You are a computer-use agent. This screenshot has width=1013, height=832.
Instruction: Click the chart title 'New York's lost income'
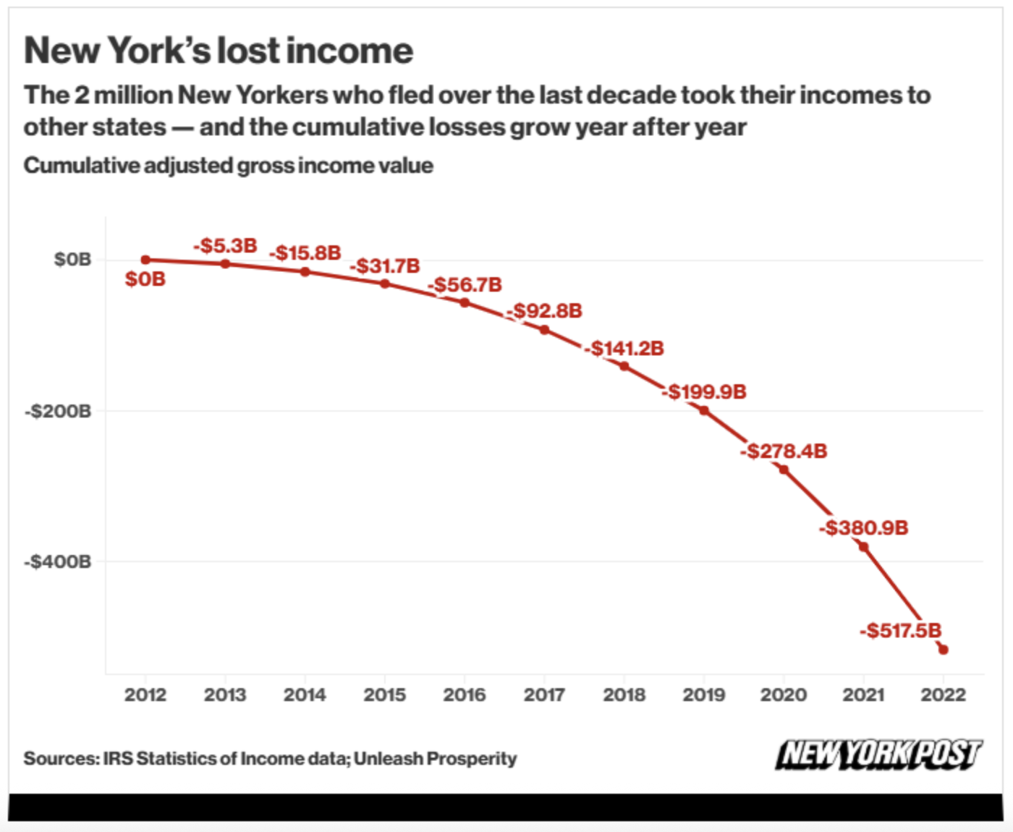219,51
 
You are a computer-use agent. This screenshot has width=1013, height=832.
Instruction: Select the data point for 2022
943,650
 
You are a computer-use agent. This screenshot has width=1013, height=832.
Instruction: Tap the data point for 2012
145,260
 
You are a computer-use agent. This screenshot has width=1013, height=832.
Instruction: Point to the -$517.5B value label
900,631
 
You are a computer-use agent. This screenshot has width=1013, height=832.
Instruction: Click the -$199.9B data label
704,392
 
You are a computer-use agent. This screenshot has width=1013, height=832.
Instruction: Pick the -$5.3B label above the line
226,246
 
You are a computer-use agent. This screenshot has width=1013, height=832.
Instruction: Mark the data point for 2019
703,411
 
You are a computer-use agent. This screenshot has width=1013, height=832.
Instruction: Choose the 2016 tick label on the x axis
465,695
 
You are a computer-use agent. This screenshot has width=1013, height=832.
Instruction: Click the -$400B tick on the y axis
59,562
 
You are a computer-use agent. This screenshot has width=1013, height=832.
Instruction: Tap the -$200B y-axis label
59,412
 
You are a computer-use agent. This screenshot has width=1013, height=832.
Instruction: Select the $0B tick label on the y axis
72,260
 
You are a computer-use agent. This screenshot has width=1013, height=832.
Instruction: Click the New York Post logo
878,755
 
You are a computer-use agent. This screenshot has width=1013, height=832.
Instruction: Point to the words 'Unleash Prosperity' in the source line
435,759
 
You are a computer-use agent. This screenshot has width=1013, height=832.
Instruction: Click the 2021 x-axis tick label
863,695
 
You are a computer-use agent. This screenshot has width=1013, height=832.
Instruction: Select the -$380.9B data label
864,528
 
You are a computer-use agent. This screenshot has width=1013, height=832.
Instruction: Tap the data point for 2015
385,284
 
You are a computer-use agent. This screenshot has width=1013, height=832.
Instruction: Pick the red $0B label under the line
145,279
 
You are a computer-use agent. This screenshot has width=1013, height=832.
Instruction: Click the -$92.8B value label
545,311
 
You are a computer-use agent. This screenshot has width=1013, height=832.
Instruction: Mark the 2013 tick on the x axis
225,695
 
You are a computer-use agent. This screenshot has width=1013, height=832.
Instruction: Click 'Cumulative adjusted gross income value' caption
229,166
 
